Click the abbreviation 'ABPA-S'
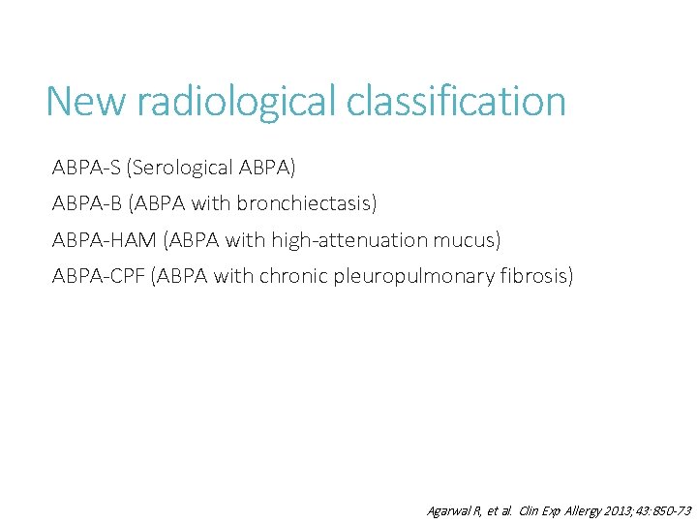[x=88, y=168]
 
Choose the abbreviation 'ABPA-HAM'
[x=101, y=240]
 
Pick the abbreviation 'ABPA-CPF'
[x=99, y=277]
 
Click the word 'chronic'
[x=294, y=277]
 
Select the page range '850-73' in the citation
[x=671, y=510]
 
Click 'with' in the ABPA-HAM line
[x=247, y=240]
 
